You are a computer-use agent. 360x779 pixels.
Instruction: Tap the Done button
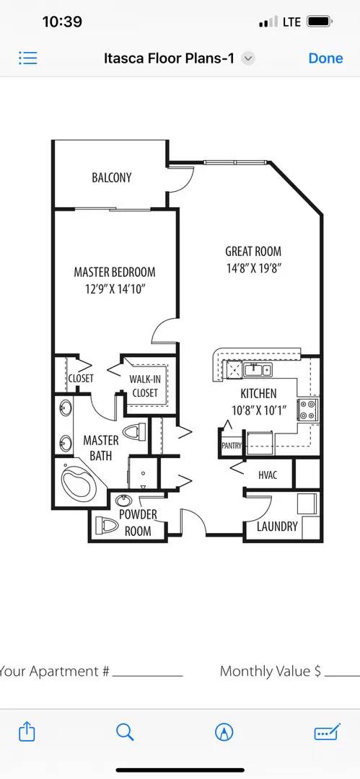[325, 58]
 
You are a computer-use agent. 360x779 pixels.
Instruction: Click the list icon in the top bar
[28, 58]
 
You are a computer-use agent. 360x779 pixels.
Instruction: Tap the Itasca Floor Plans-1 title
[169, 58]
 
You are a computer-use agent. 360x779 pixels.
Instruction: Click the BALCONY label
[112, 177]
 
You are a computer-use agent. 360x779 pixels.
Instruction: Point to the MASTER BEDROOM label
[115, 272]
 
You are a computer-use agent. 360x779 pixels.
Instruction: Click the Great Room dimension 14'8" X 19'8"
[253, 268]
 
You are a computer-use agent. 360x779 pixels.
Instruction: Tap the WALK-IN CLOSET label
[144, 386]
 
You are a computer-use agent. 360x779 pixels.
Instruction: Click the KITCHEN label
[258, 394]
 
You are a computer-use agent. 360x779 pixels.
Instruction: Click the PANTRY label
[232, 446]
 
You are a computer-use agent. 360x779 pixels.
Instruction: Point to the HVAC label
[268, 475]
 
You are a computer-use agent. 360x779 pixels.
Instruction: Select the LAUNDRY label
[277, 526]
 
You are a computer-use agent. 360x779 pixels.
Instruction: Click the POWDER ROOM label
[138, 522]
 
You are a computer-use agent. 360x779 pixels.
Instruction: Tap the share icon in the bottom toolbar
[27, 732]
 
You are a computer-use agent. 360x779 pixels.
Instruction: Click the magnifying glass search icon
[125, 732]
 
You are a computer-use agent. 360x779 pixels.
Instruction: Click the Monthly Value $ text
[271, 671]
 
